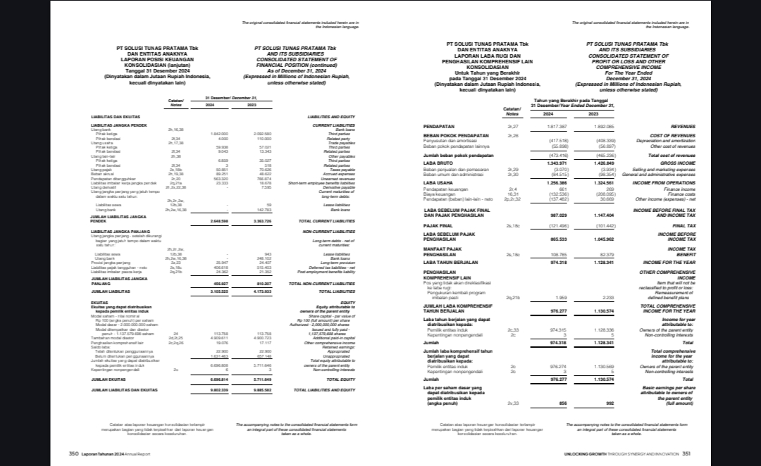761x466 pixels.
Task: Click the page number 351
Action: click(x=685, y=454)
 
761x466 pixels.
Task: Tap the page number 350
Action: click(x=73, y=454)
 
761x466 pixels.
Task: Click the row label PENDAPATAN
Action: click(x=438, y=127)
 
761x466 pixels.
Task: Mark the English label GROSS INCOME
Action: click(x=677, y=163)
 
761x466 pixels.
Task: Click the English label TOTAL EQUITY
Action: click(x=340, y=379)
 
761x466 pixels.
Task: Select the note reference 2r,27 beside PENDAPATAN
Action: click(x=512, y=127)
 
